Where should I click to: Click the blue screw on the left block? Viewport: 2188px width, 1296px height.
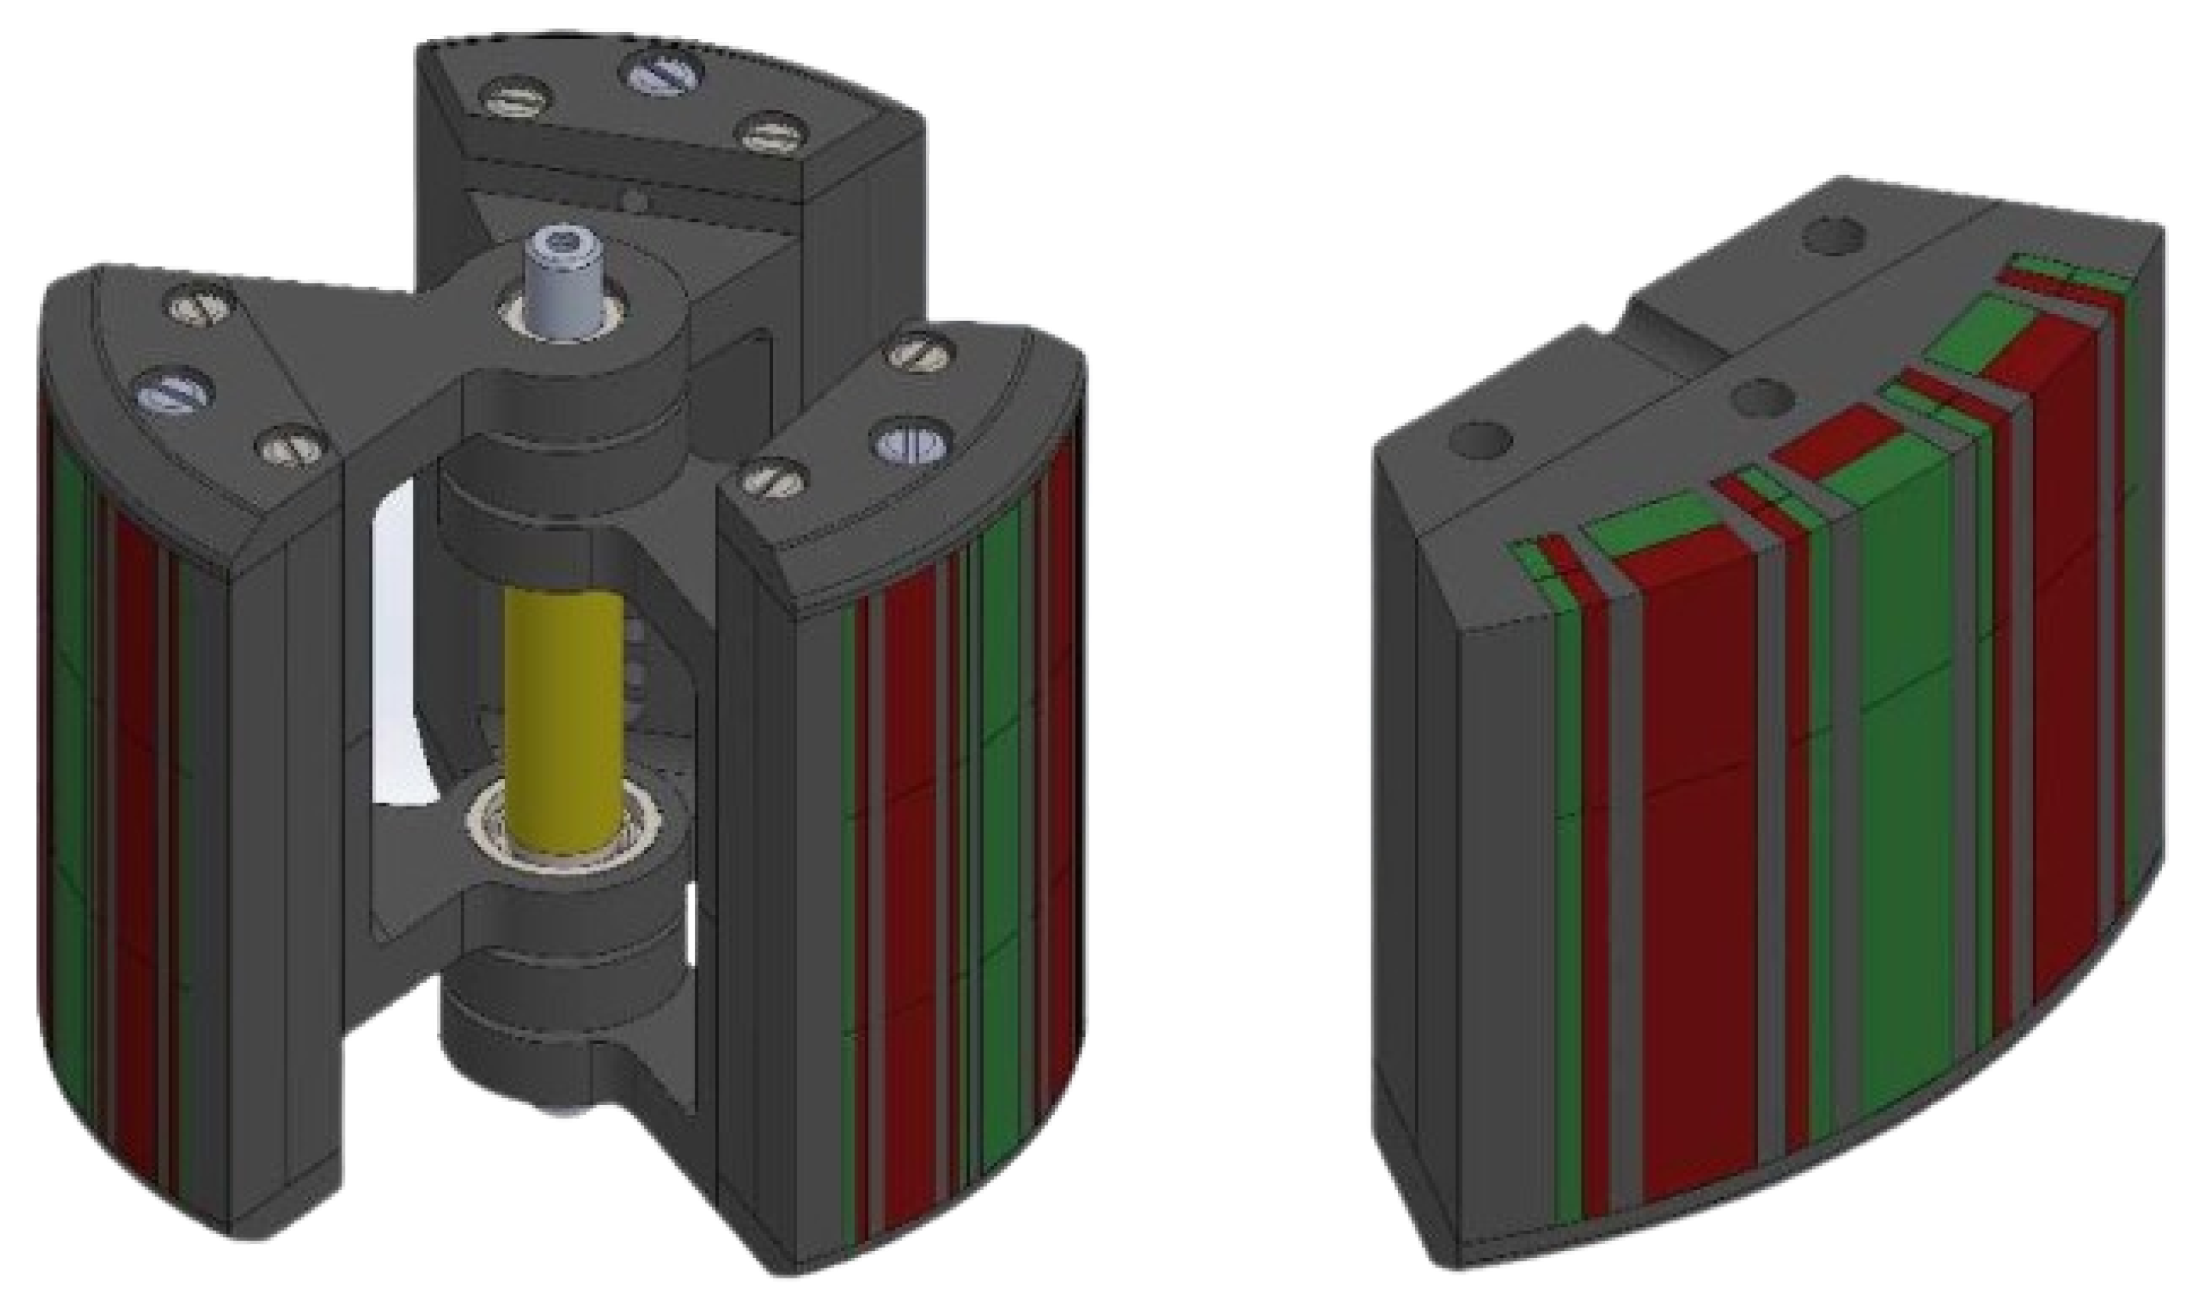(x=175, y=391)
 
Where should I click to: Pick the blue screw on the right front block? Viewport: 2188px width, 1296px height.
(x=910, y=443)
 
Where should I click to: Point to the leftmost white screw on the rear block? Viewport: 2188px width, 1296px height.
(x=518, y=96)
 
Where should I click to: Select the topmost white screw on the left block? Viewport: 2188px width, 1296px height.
(x=201, y=305)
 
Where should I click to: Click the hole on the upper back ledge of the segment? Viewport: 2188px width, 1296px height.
(x=1834, y=236)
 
